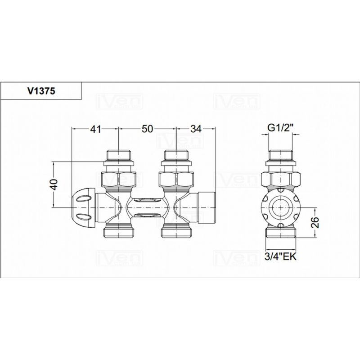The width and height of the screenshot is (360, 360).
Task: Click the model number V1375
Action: (41, 91)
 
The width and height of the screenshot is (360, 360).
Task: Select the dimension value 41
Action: (95, 129)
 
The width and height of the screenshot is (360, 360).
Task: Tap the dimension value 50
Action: (147, 129)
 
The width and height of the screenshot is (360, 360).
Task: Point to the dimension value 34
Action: (196, 129)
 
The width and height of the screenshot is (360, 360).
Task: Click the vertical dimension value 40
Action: (54, 184)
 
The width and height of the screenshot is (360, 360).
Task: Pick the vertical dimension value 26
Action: (316, 222)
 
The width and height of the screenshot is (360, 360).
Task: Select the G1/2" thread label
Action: (280, 128)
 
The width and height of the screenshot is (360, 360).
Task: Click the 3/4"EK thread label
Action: (280, 256)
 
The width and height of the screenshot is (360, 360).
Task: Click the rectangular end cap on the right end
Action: (207, 208)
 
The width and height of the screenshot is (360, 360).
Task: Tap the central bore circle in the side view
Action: (280, 208)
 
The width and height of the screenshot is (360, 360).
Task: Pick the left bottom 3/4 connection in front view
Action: (119, 232)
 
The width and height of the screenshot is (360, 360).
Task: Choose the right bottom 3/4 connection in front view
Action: (176, 232)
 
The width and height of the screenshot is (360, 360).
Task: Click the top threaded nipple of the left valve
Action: (119, 155)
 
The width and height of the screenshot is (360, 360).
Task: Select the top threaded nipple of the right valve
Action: (176, 155)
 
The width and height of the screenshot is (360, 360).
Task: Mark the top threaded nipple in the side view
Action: (280, 155)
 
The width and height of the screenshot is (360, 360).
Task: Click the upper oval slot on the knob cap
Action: (83, 198)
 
